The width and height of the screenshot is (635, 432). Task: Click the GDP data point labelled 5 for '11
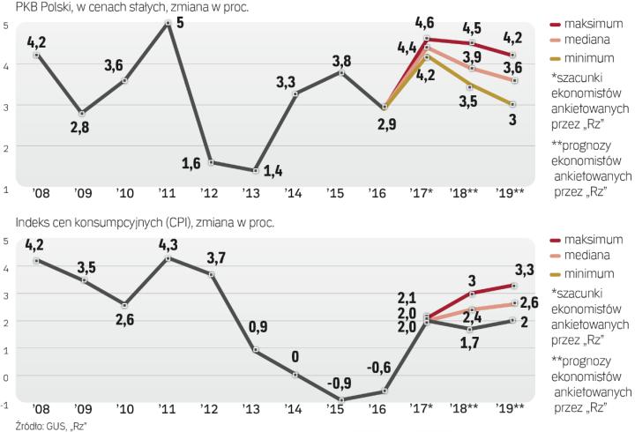pyautogui.click(x=168, y=23)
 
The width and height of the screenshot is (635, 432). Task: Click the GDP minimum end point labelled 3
pyautogui.click(x=513, y=104)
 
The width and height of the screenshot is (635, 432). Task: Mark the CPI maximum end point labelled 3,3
pyautogui.click(x=513, y=286)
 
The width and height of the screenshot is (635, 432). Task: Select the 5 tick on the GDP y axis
pyautogui.click(x=6, y=25)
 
